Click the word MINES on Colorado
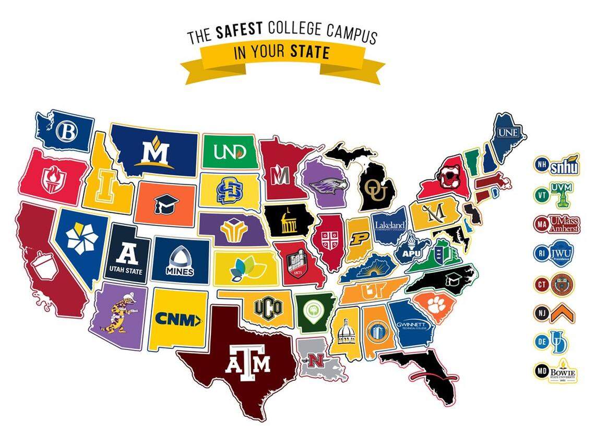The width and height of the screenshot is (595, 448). click(x=180, y=271)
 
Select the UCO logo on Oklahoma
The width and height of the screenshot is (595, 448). click(x=268, y=306)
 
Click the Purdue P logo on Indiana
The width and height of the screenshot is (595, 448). click(x=359, y=239)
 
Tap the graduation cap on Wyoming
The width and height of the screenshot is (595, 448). click(x=166, y=202)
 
